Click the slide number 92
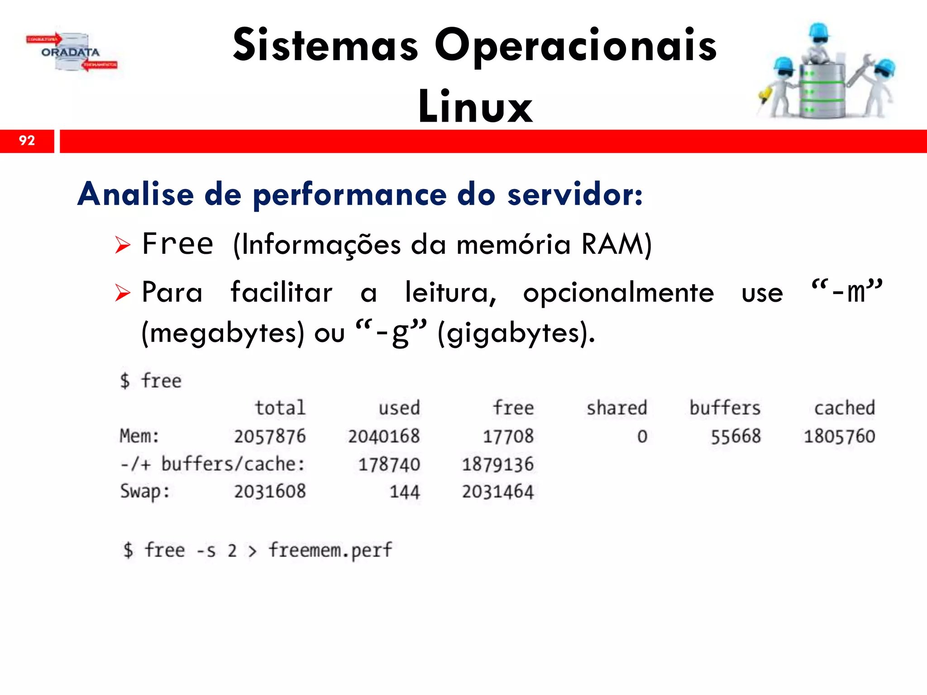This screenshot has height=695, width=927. click(x=27, y=141)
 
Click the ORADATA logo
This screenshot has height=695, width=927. click(x=71, y=52)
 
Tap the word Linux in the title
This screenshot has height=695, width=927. click(x=475, y=107)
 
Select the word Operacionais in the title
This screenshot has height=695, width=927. click(x=576, y=46)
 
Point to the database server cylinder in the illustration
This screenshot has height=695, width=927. click(x=822, y=90)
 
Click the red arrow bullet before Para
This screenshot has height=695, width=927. click(x=122, y=293)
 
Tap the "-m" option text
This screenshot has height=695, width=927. click(x=847, y=291)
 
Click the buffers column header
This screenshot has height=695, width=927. click(x=725, y=408)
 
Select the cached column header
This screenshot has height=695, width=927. click(x=844, y=408)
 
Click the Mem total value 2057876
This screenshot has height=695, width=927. click(x=270, y=437)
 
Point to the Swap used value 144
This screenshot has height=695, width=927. click(x=405, y=492)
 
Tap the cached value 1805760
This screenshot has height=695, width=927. click(x=839, y=437)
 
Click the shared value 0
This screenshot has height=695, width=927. click(x=642, y=437)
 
